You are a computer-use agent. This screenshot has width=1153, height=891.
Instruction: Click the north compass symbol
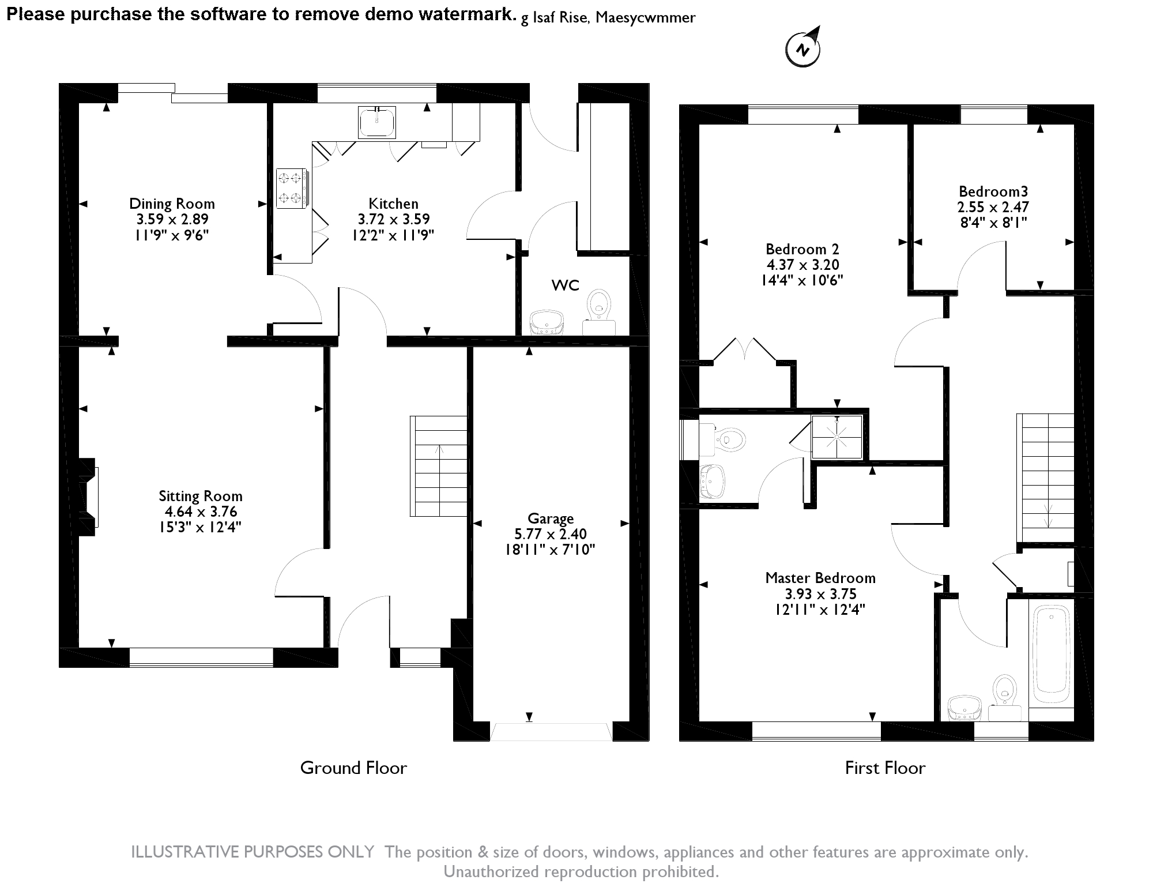tap(802, 48)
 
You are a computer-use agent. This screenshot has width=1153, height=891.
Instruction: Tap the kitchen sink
tap(376, 122)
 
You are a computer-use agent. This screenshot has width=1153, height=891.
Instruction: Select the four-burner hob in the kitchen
tap(292, 187)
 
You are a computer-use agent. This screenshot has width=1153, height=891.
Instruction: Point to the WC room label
tap(565, 285)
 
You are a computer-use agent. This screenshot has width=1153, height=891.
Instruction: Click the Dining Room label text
tap(172, 204)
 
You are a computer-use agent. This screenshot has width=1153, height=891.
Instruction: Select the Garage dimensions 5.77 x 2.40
tap(551, 534)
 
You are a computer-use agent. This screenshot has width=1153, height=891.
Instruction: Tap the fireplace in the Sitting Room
tap(88, 497)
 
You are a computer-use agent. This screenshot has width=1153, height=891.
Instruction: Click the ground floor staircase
tap(439, 466)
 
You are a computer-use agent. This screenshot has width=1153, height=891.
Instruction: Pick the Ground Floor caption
tap(353, 768)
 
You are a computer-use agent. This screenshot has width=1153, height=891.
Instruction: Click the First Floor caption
tap(885, 768)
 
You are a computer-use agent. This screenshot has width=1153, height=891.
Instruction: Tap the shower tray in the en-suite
tap(837, 437)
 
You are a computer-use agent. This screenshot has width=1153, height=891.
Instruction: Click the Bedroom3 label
tap(993, 191)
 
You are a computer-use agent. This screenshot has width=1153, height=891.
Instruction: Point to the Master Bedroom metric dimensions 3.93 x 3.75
tap(820, 594)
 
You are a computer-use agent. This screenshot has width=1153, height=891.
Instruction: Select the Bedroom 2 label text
tap(802, 249)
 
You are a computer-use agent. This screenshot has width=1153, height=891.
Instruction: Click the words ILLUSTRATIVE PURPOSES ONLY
tap(253, 852)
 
